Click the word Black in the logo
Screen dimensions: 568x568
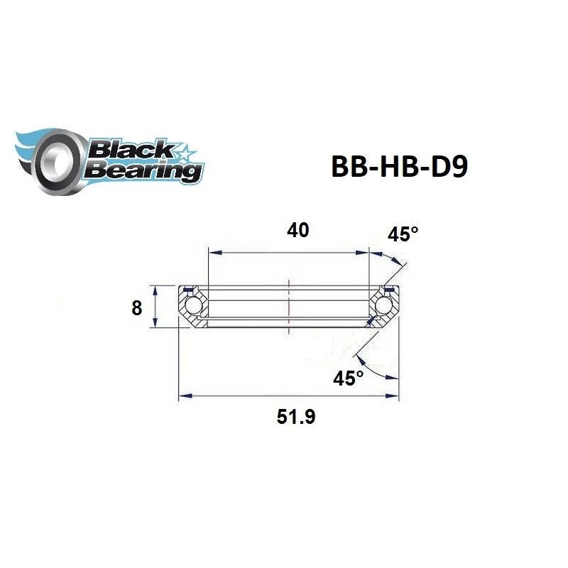pyautogui.click(x=128, y=149)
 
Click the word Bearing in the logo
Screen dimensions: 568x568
pyautogui.click(x=141, y=170)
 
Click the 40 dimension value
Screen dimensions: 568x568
pyautogui.click(x=299, y=231)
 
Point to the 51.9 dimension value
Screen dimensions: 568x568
pyautogui.click(x=296, y=417)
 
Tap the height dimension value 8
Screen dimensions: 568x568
pyautogui.click(x=137, y=308)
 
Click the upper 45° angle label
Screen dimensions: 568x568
pyautogui.click(x=403, y=235)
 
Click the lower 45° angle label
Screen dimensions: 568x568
pyautogui.click(x=348, y=378)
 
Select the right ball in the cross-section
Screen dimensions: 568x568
pyautogui.click(x=384, y=305)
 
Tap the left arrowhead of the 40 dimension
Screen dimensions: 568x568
pyautogui.click(x=212, y=251)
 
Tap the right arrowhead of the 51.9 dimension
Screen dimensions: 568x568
pyautogui.click(x=395, y=396)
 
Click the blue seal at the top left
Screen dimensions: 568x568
pyautogui.click(x=189, y=290)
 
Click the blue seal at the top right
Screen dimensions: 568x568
pyautogui.click(x=388, y=290)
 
